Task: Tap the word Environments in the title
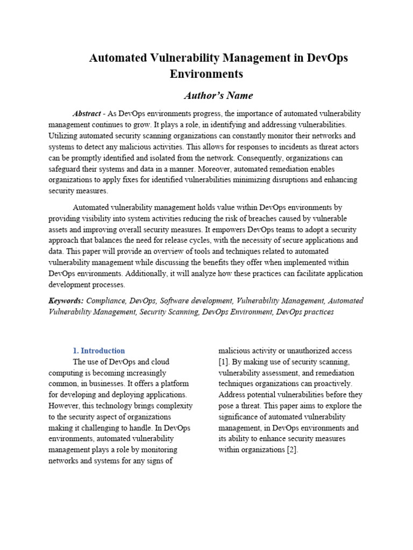point(206,74)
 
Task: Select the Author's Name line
point(211,96)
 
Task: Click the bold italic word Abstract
point(87,114)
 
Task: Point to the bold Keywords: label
point(66,301)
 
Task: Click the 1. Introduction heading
point(99,351)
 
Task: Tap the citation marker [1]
point(224,362)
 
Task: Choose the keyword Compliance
point(106,301)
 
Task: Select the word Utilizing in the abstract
point(64,136)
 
